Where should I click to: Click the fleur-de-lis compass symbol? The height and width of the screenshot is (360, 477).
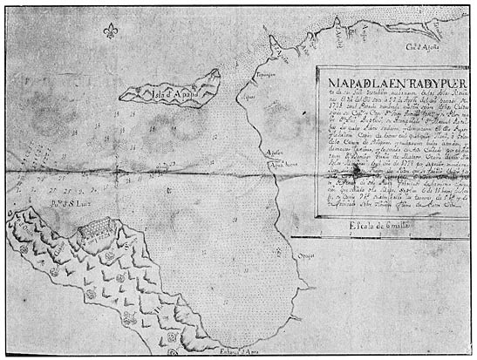tap(110, 31)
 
